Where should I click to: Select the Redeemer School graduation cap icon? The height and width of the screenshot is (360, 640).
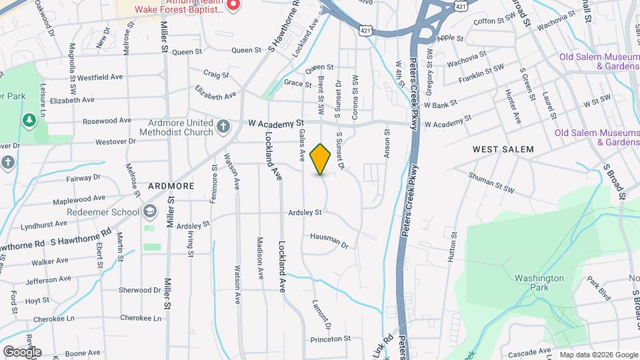(x=150, y=212)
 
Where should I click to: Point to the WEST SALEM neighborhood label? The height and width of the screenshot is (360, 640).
(x=503, y=149)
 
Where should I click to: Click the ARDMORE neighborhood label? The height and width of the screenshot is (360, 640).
(x=171, y=185)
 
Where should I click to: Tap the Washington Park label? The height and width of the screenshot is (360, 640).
(x=539, y=283)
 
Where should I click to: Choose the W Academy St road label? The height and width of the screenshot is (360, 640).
(x=276, y=123)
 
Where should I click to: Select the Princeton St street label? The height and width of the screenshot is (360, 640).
(x=331, y=339)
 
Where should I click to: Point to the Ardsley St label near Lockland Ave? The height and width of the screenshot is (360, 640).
(x=305, y=213)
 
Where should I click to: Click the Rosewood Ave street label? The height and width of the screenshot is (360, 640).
(x=107, y=121)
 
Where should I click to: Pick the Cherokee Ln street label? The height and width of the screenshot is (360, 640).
(x=141, y=319)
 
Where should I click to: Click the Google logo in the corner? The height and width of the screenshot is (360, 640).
(x=22, y=351)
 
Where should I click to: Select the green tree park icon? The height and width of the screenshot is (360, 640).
(x=29, y=120)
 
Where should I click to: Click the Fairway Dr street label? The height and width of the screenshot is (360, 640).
(x=83, y=178)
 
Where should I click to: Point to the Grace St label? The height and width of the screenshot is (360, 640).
(x=294, y=83)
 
